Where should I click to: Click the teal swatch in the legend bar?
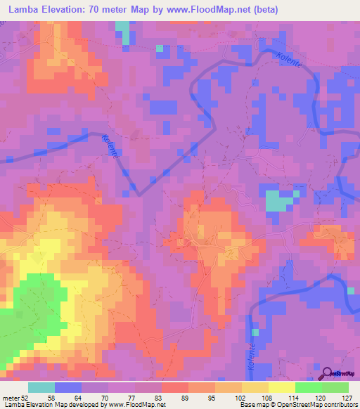coord(41,388)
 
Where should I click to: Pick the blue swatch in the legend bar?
coord(68,388)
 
